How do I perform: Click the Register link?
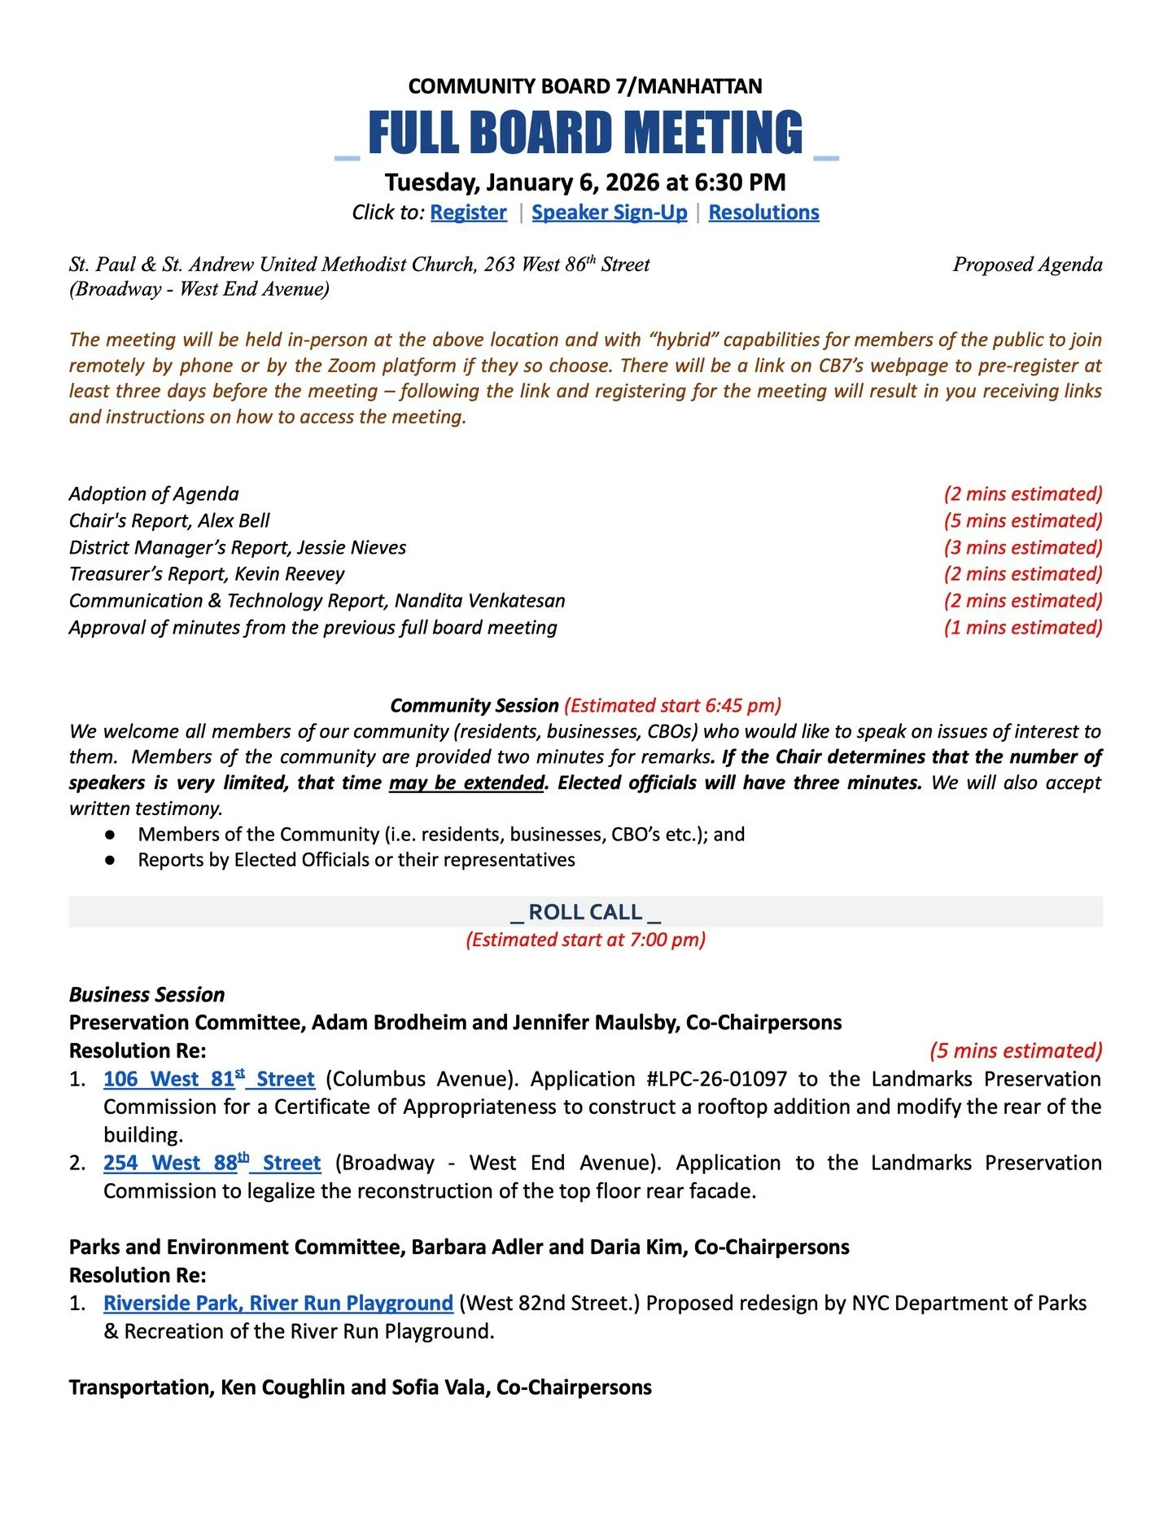[x=468, y=213]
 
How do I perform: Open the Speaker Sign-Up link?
[x=609, y=213]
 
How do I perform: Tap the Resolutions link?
[x=763, y=213]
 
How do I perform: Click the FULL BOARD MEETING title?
[x=585, y=133]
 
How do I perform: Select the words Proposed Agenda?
[x=1027, y=265]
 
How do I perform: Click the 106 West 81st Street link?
[x=208, y=1079]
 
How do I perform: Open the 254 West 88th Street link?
[x=212, y=1163]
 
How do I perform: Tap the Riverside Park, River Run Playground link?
[x=278, y=1303]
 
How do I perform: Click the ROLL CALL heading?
[x=585, y=912]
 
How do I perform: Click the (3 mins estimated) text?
[x=1022, y=548]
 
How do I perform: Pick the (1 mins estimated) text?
[x=1022, y=628]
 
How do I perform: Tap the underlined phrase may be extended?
[x=466, y=783]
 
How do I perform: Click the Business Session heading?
[x=146, y=995]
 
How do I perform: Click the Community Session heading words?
[x=474, y=706]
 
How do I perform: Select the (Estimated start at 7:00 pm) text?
[x=585, y=940]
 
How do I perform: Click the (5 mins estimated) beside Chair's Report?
[x=1022, y=521]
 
